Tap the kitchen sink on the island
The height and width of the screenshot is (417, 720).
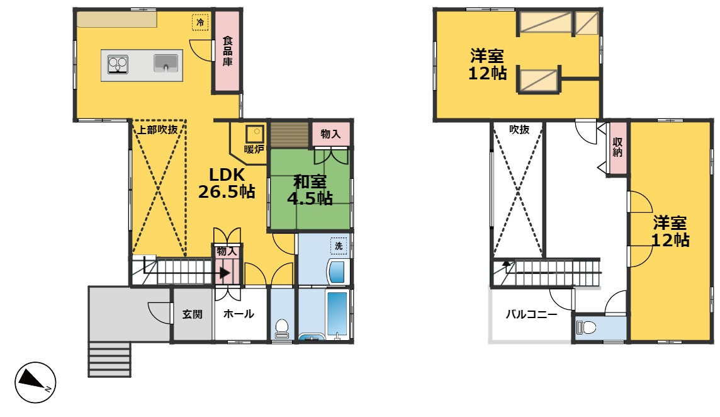coord(167,63)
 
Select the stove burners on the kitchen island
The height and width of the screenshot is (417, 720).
coord(118,64)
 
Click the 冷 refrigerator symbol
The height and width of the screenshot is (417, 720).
coord(200,23)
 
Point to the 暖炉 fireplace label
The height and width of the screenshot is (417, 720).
coord(254,149)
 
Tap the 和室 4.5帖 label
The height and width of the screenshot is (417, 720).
coord(310,190)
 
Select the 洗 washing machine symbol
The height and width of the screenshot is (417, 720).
coord(339,246)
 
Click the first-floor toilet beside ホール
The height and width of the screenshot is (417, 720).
coord(282,328)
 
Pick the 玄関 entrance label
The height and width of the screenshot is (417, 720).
coord(193,314)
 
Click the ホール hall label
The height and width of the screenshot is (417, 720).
coord(239,314)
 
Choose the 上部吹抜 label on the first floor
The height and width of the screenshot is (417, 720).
coord(158,129)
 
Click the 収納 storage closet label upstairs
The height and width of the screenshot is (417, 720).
coord(617,147)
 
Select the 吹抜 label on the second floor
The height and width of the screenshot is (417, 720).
coord(519,129)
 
